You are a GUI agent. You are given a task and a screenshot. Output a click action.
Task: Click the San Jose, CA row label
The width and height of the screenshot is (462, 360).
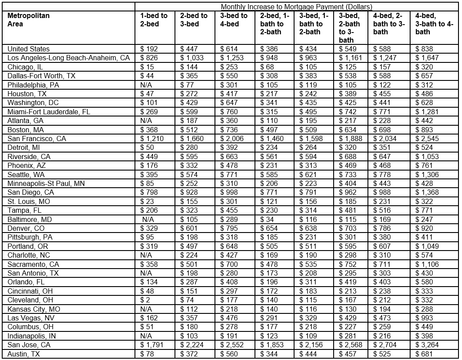coord(29,345)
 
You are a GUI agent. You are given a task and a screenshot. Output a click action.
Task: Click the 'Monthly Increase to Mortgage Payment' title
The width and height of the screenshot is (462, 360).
coord(296,7)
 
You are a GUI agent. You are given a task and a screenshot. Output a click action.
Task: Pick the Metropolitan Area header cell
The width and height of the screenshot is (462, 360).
coord(29,20)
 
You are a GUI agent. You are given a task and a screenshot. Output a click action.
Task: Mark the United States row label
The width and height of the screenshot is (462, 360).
coord(29,49)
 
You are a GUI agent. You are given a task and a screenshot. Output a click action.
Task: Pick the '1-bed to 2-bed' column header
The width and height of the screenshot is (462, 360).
coord(153,20)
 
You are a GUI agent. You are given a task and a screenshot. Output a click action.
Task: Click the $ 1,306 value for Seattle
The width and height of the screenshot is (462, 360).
coord(426,175)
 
